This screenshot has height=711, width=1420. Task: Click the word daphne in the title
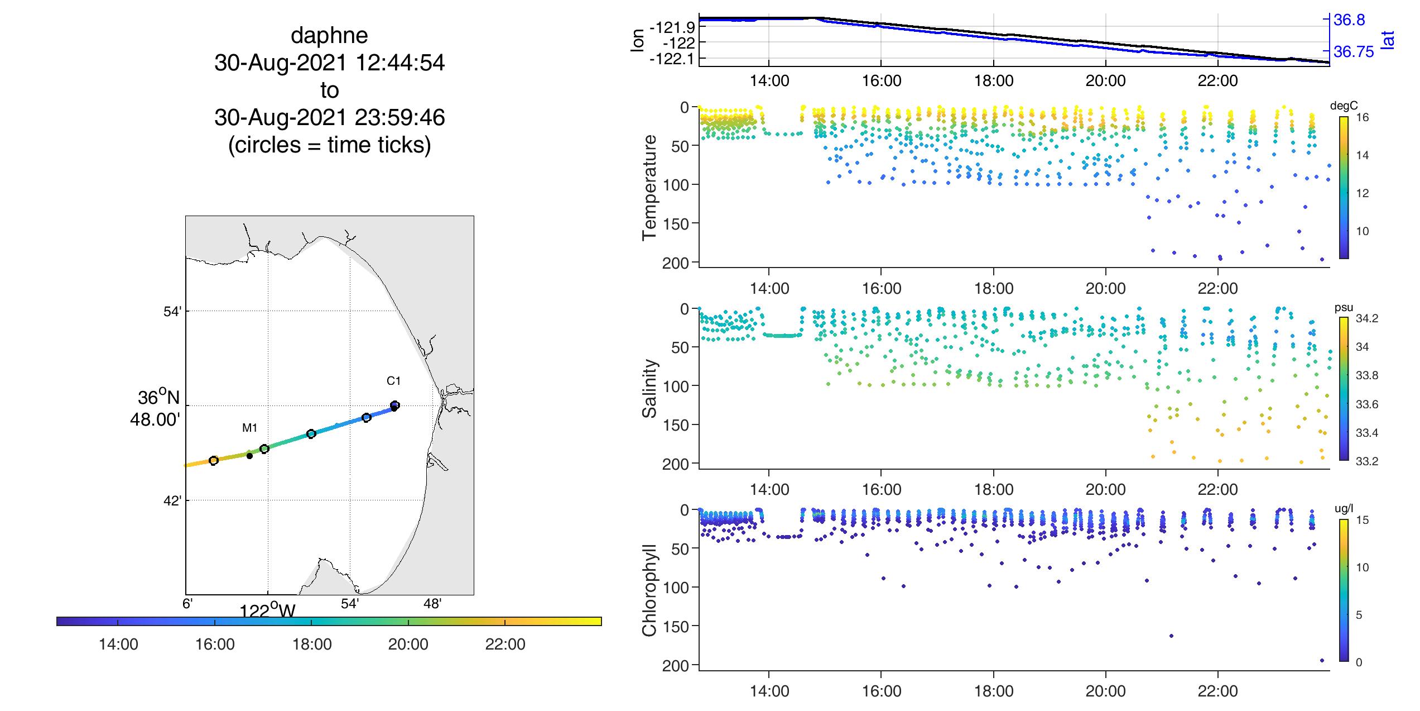point(329,36)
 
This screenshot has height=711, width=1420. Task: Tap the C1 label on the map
point(394,381)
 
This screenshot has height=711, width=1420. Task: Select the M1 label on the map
point(249,428)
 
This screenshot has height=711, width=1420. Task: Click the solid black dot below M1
point(249,456)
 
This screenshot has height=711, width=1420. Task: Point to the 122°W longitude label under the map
point(267,610)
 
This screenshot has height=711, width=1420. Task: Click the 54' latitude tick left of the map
point(172,312)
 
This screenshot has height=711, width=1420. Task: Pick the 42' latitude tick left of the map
point(172,501)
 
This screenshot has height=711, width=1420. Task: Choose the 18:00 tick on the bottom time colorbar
point(312,645)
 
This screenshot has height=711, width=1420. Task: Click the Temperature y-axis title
point(649,188)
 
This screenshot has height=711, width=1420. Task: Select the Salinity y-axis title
point(649,388)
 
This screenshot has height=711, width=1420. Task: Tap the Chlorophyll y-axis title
point(649,590)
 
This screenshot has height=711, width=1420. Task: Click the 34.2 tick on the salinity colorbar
point(1366,318)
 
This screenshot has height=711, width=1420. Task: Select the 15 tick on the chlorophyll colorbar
point(1362,520)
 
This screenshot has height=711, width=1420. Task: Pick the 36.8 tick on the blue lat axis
point(1349,20)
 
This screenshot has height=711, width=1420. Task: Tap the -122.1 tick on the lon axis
point(672,59)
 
